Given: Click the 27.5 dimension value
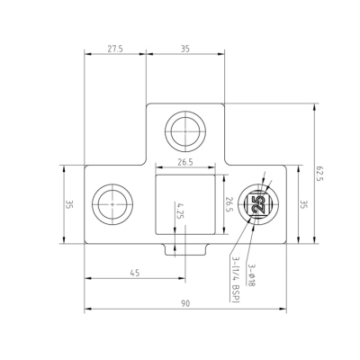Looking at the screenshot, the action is (x=115, y=49).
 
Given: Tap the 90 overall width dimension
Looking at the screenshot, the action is (x=185, y=303).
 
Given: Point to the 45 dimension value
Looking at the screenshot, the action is (x=135, y=273).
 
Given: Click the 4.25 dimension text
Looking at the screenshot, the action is (x=180, y=211).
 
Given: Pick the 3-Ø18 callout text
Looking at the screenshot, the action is (x=252, y=275).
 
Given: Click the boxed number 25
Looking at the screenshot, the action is (x=258, y=204).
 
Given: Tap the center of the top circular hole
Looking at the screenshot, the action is (x=185, y=131).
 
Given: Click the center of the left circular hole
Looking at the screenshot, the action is (x=112, y=204).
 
